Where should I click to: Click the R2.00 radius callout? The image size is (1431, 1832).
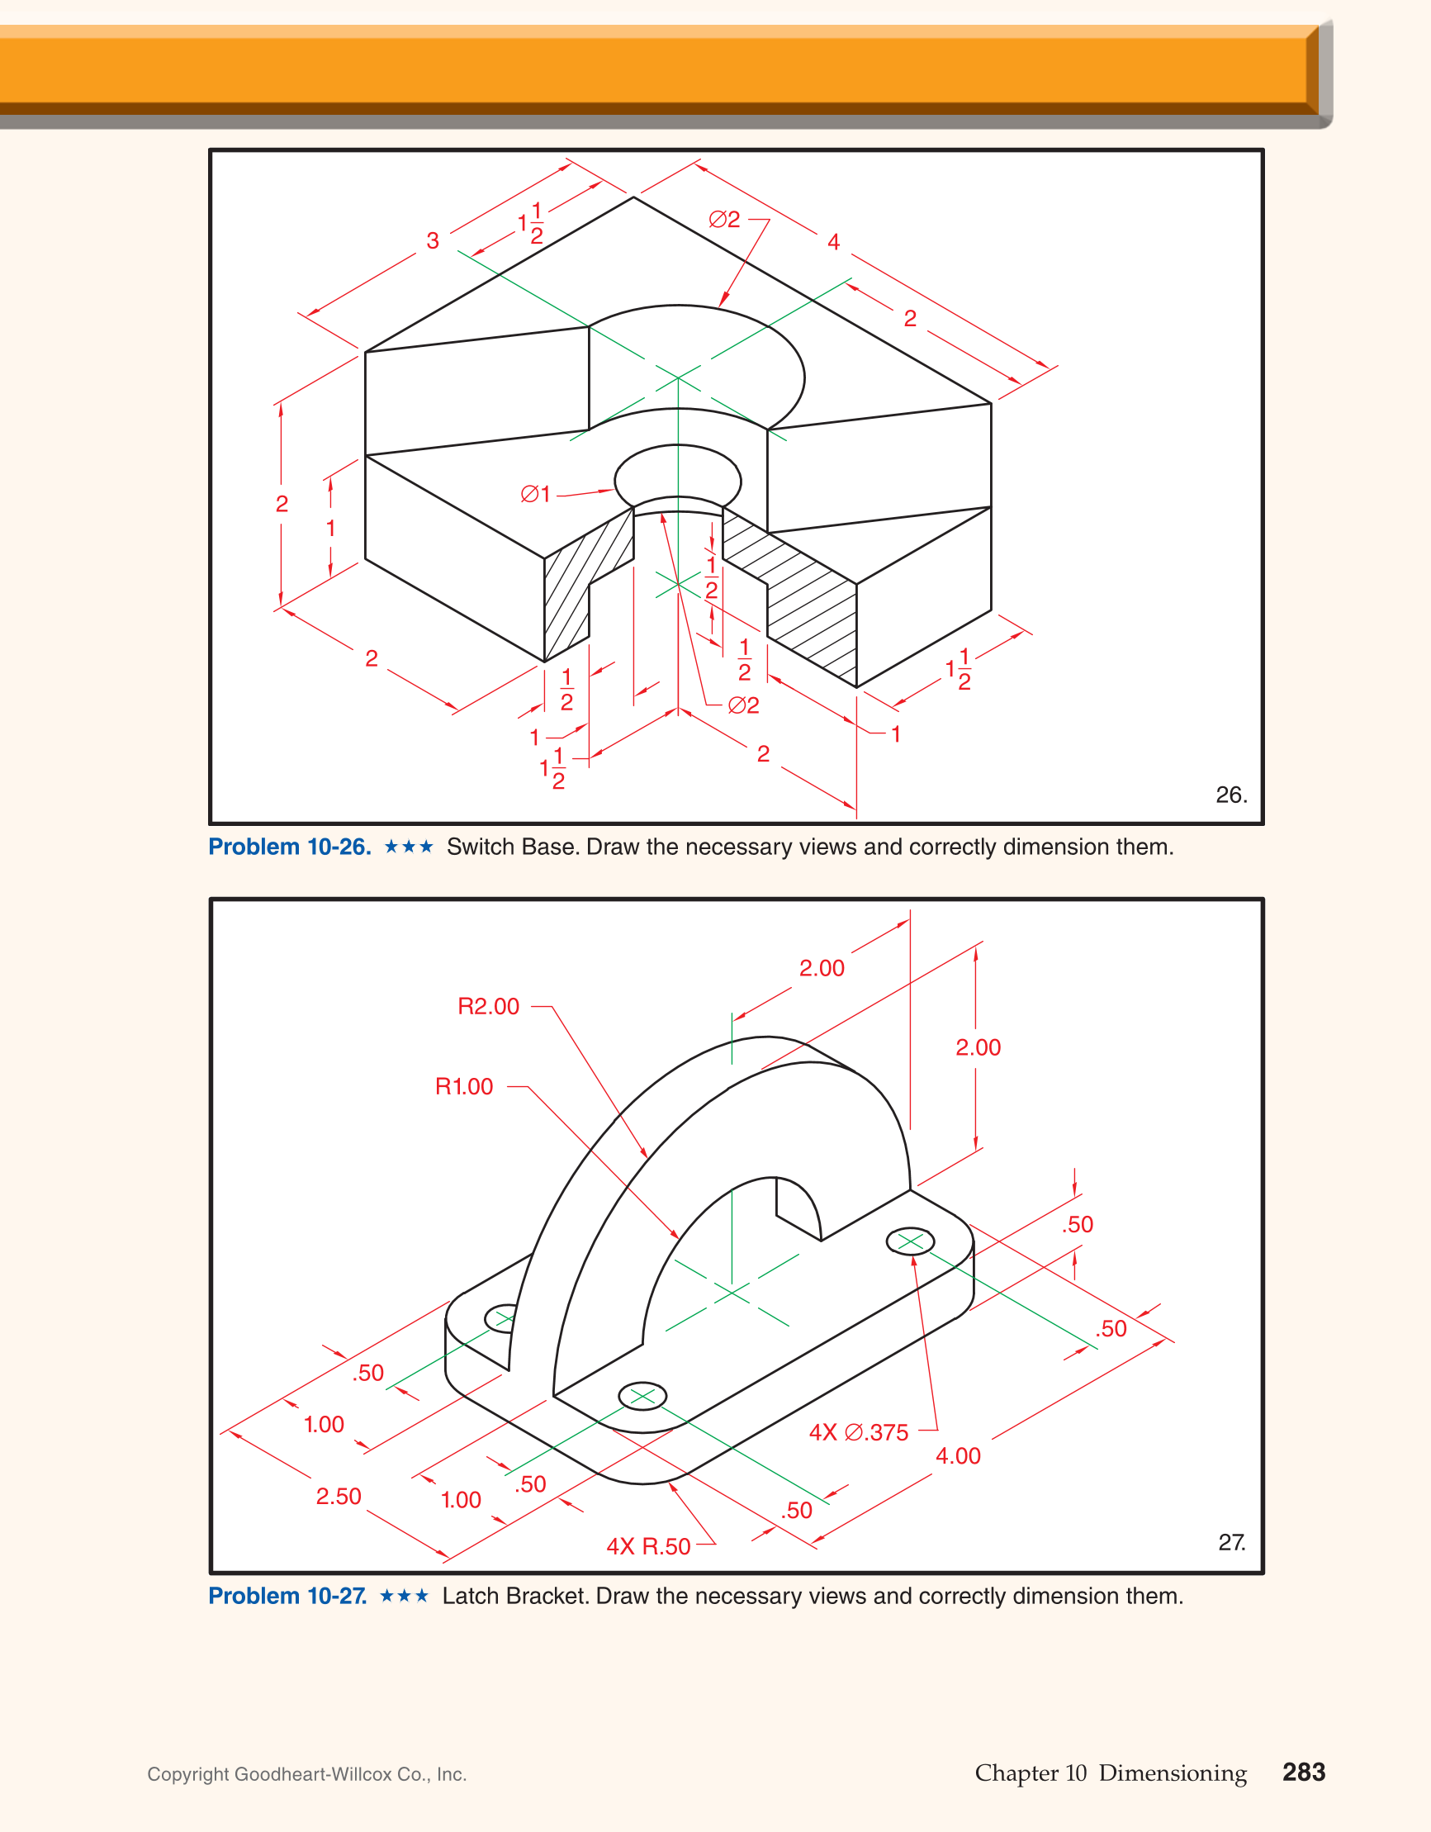(488, 1006)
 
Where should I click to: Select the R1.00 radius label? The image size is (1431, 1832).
(464, 1086)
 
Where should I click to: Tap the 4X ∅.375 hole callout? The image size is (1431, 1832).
(858, 1432)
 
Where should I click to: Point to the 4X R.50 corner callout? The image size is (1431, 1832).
(648, 1546)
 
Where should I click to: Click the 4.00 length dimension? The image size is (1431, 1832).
(958, 1455)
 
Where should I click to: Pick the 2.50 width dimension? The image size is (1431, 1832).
(338, 1496)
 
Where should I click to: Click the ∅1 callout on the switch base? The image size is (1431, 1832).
(535, 494)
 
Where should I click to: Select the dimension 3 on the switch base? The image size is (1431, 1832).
(433, 240)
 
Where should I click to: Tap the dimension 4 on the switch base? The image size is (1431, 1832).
(833, 242)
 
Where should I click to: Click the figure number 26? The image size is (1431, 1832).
(1230, 795)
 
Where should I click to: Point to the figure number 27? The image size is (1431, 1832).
(1230, 1542)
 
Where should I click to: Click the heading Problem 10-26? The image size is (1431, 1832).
(289, 847)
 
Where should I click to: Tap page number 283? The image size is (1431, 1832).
(1304, 1772)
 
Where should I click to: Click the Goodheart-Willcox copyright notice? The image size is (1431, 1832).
(307, 1774)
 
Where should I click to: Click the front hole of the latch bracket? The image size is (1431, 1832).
(642, 1396)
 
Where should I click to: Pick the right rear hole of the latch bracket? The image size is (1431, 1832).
(910, 1241)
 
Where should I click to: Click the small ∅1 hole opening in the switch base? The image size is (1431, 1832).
(678, 478)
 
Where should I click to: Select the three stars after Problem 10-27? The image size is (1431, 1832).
(405, 1596)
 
